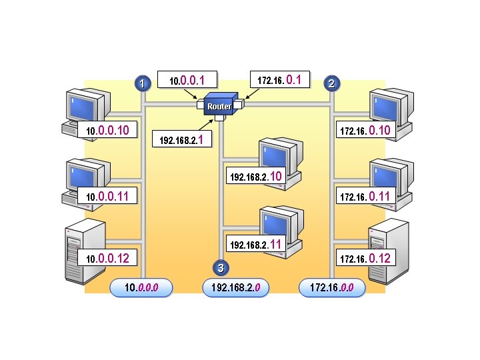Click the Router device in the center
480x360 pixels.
point(219,105)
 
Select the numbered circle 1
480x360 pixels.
point(141,83)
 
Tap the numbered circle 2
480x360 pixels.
point(332,83)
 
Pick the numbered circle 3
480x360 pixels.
point(221,268)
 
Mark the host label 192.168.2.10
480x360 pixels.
point(256,177)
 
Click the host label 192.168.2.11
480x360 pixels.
point(256,245)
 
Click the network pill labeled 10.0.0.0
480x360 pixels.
point(141,287)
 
